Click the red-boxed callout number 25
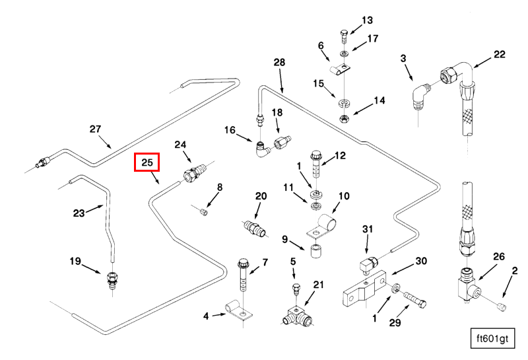pos(147,162)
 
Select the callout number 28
pos(279,62)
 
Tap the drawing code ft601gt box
pos(490,339)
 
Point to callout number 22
pos(499,54)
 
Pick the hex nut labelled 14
pos(344,118)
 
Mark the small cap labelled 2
pos(501,306)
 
